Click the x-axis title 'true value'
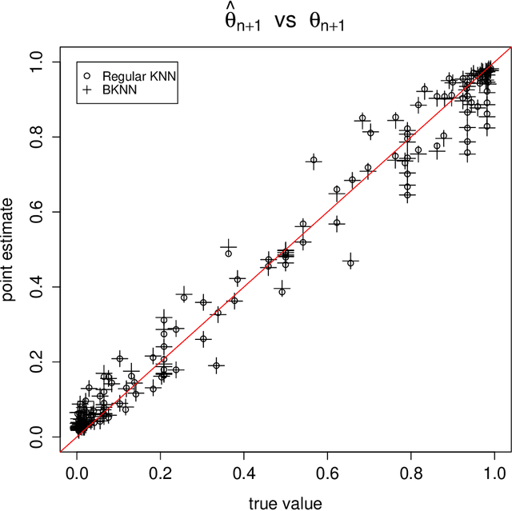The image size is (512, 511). pyautogui.click(x=286, y=501)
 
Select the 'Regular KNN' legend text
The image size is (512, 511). pyautogui.click(x=135, y=75)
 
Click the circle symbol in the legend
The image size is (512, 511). pyautogui.click(x=86, y=75)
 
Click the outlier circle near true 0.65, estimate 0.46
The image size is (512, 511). pyautogui.click(x=350, y=262)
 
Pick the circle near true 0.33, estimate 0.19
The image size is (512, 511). pyautogui.click(x=215, y=365)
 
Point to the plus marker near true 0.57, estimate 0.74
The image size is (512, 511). pyautogui.click(x=314, y=160)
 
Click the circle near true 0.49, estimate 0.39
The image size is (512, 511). pyautogui.click(x=282, y=292)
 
